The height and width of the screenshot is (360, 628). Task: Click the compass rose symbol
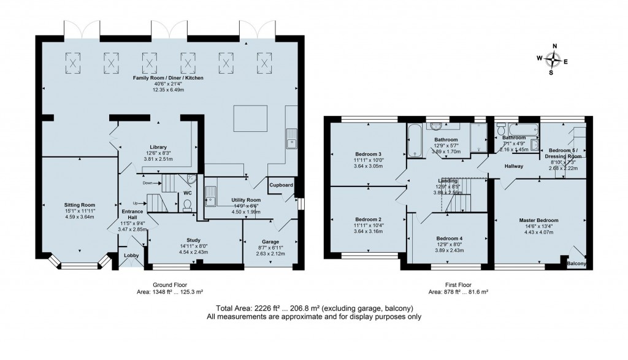tap(553, 59)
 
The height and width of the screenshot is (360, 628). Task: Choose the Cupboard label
tap(280, 185)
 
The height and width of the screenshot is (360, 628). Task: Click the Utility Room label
tap(246, 201)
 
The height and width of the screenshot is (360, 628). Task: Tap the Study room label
tap(194, 240)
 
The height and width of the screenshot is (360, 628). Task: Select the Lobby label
tap(131, 256)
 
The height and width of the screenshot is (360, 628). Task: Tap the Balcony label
tap(576, 264)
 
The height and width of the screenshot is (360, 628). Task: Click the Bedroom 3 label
tap(369, 154)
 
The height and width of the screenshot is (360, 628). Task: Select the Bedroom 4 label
tap(450, 238)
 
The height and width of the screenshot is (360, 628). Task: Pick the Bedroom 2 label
tap(369, 219)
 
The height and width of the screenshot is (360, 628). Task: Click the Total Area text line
tap(313, 308)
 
